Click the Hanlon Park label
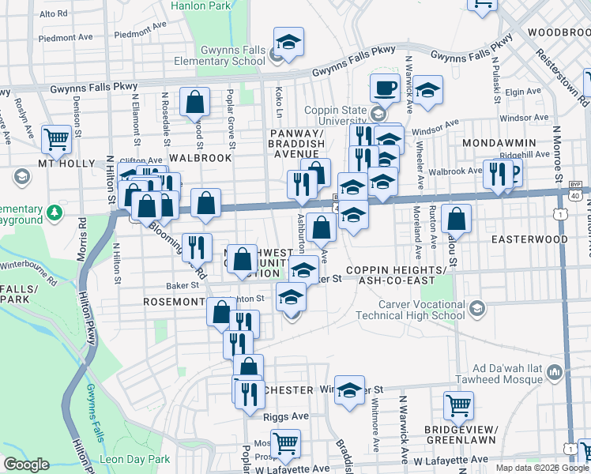[x=201, y=6]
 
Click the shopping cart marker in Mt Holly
[x=57, y=139]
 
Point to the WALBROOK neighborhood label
[x=200, y=158]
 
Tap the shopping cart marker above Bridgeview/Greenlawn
[x=458, y=405]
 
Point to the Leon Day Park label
[x=134, y=459]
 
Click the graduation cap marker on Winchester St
[x=349, y=389]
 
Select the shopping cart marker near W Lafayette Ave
[x=284, y=443]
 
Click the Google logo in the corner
[x=25, y=464]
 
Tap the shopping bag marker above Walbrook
[x=194, y=102]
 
